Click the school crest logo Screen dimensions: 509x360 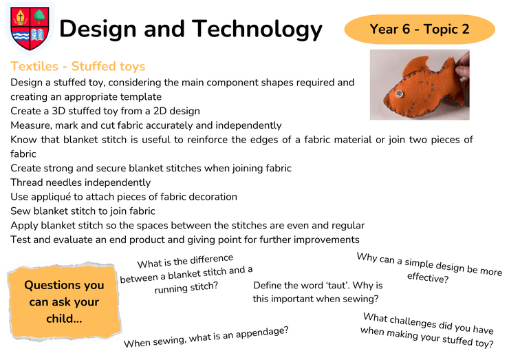click(x=30, y=29)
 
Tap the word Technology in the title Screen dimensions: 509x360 click(x=257, y=30)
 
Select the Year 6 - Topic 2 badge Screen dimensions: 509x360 click(x=420, y=29)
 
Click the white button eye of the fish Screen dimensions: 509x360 click(x=399, y=94)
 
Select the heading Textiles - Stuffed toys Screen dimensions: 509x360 click(x=78, y=66)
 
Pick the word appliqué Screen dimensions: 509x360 click(x=52, y=198)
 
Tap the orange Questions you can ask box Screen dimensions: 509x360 click(x=64, y=302)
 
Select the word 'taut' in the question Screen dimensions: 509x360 click(x=338, y=285)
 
